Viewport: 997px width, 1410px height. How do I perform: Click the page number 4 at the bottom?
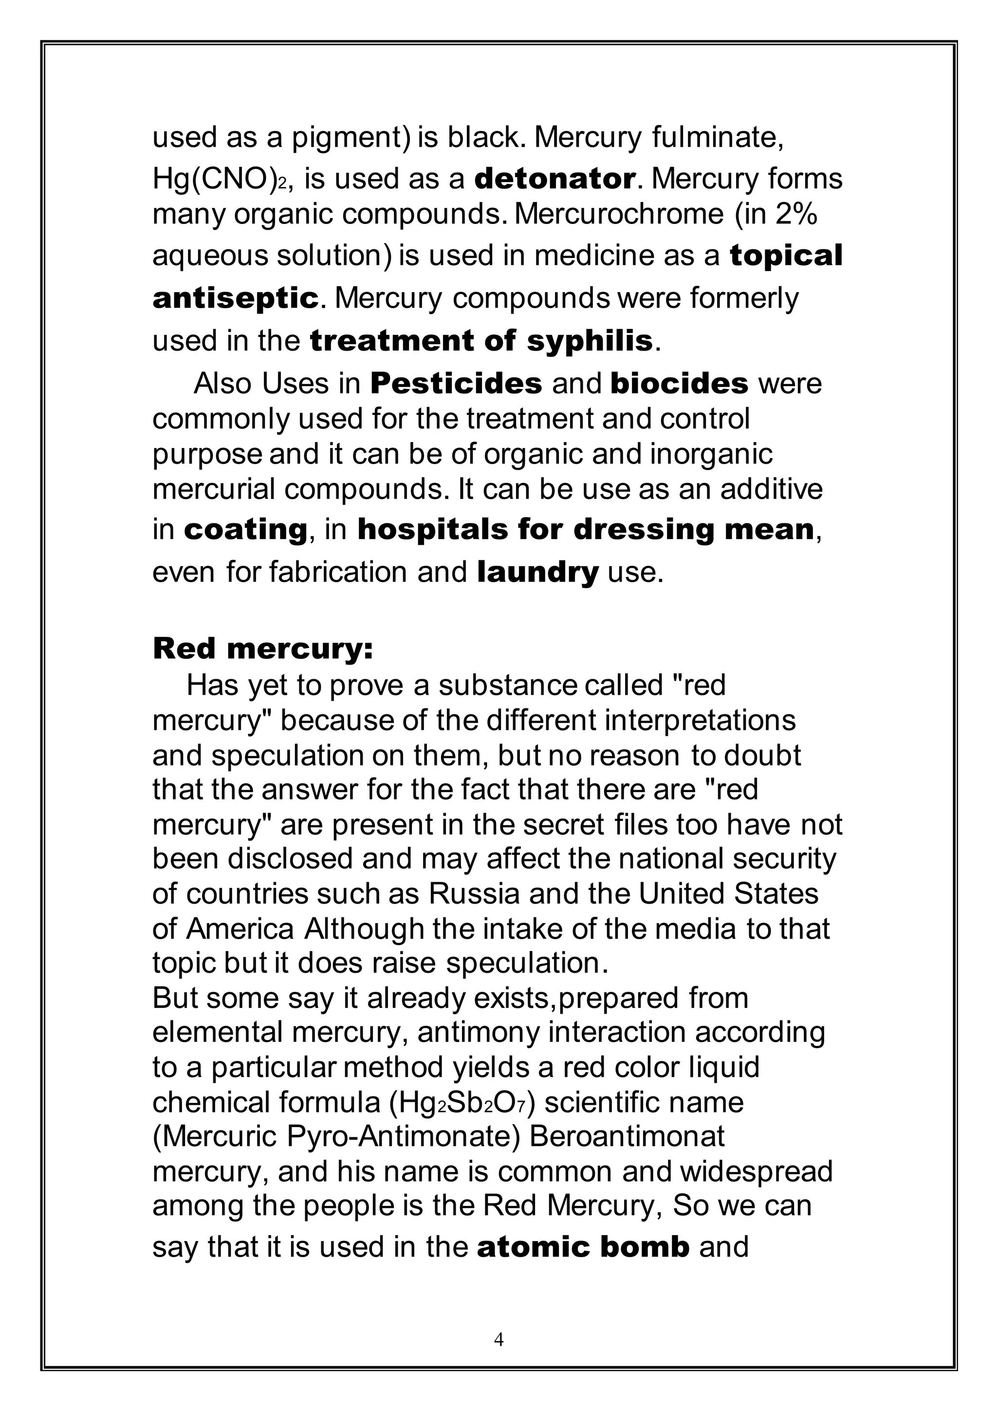tap(498, 1339)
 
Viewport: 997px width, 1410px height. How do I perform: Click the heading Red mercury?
tap(263, 649)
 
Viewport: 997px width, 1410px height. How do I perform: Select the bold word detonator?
tap(555, 179)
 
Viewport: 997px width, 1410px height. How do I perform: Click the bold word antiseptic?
tap(236, 298)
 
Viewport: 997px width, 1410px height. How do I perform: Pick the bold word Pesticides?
tap(456, 384)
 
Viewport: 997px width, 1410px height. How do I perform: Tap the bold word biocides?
tap(680, 384)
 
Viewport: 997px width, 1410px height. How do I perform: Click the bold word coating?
tap(245, 529)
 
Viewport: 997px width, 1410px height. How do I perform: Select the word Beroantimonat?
tap(627, 1137)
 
